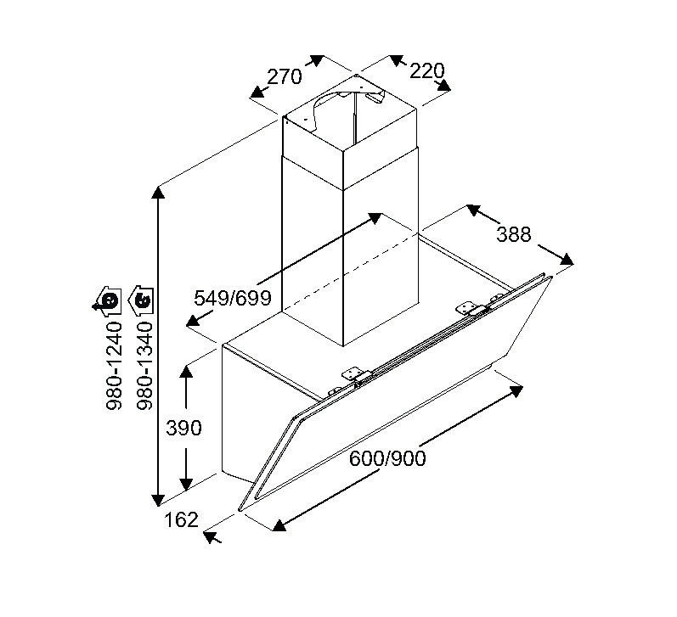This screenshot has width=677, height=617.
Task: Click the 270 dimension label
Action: pos(284,77)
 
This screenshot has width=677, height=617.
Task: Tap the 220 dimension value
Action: pos(426,71)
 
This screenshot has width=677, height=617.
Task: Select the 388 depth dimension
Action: pos(513,234)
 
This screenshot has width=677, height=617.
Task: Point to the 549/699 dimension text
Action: pos(232,298)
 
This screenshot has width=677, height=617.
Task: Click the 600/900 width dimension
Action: pos(387,458)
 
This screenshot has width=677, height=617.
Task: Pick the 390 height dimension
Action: pos(184,428)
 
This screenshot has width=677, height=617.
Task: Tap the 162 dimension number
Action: pos(181,520)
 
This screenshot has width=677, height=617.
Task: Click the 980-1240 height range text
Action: pos(114,366)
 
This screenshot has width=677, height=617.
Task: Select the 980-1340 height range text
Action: pos(144,366)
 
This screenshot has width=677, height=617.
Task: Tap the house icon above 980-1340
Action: pos(142,300)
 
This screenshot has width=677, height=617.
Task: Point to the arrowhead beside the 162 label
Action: pos(211,536)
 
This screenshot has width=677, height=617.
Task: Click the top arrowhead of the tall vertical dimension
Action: pos(159,193)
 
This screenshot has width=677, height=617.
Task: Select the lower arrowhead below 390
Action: pos(186,485)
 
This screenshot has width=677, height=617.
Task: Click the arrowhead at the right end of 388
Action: pos(567,260)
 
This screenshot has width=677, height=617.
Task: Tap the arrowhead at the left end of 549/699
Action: pos(194,321)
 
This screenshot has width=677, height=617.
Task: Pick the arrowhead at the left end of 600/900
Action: pos(279,525)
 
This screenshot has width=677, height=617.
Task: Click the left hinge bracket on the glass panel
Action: pos(354,373)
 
